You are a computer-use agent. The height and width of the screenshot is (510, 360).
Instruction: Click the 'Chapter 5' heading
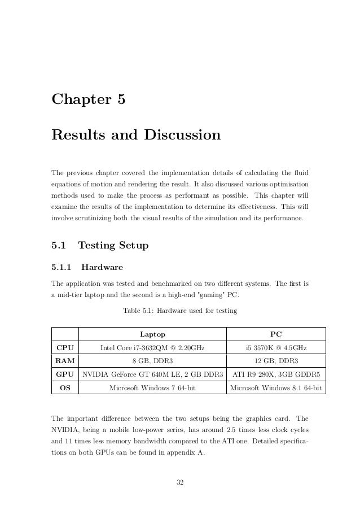88,100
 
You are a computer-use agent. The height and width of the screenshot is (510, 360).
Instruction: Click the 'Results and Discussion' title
135,136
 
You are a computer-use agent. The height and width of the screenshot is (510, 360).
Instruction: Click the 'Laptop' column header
152,334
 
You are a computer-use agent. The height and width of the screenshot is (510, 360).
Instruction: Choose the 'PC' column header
276,334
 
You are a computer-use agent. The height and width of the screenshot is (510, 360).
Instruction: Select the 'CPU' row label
65,347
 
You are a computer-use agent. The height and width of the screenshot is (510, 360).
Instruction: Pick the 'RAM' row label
65,361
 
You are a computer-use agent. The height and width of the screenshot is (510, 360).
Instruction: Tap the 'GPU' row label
65,374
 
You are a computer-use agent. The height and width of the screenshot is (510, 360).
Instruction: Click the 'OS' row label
65,388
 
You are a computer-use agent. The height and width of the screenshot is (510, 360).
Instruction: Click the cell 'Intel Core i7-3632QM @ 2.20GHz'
152,347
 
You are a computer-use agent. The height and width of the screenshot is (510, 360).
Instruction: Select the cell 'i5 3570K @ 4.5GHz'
276,347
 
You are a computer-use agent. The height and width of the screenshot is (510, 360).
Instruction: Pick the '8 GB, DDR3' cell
152,361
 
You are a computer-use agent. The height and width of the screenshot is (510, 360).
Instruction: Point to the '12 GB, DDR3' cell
276,361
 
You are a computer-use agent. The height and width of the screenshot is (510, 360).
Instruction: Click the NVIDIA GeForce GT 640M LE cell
152,374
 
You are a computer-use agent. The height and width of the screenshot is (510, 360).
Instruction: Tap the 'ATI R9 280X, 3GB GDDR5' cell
276,374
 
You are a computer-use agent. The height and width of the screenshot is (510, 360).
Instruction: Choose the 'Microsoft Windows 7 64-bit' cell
152,388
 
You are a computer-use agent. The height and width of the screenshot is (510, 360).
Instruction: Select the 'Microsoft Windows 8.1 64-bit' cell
276,388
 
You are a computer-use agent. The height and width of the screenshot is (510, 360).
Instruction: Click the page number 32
180,482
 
